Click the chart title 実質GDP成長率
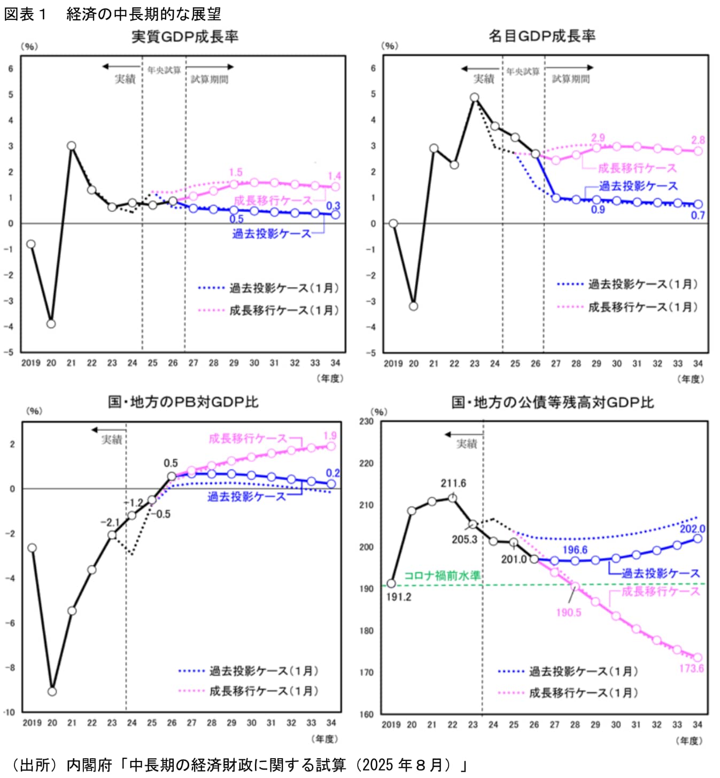(185, 37)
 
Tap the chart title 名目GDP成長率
(542, 36)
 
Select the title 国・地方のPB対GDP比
(183, 402)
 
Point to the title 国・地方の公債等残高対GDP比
(553, 402)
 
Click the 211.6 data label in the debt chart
(453, 483)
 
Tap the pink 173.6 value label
(691, 668)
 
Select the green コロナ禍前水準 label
(442, 576)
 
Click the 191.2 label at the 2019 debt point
(399, 597)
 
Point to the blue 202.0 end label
(692, 529)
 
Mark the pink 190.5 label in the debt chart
(568, 612)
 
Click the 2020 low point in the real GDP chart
(51, 323)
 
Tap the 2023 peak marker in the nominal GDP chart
(475, 97)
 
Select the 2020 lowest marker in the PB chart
(52, 691)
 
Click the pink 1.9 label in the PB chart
(330, 436)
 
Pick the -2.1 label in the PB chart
(110, 522)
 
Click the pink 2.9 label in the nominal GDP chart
(598, 137)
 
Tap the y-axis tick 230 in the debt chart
(366, 421)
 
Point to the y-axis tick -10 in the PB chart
(10, 712)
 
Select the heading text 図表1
(26, 14)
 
